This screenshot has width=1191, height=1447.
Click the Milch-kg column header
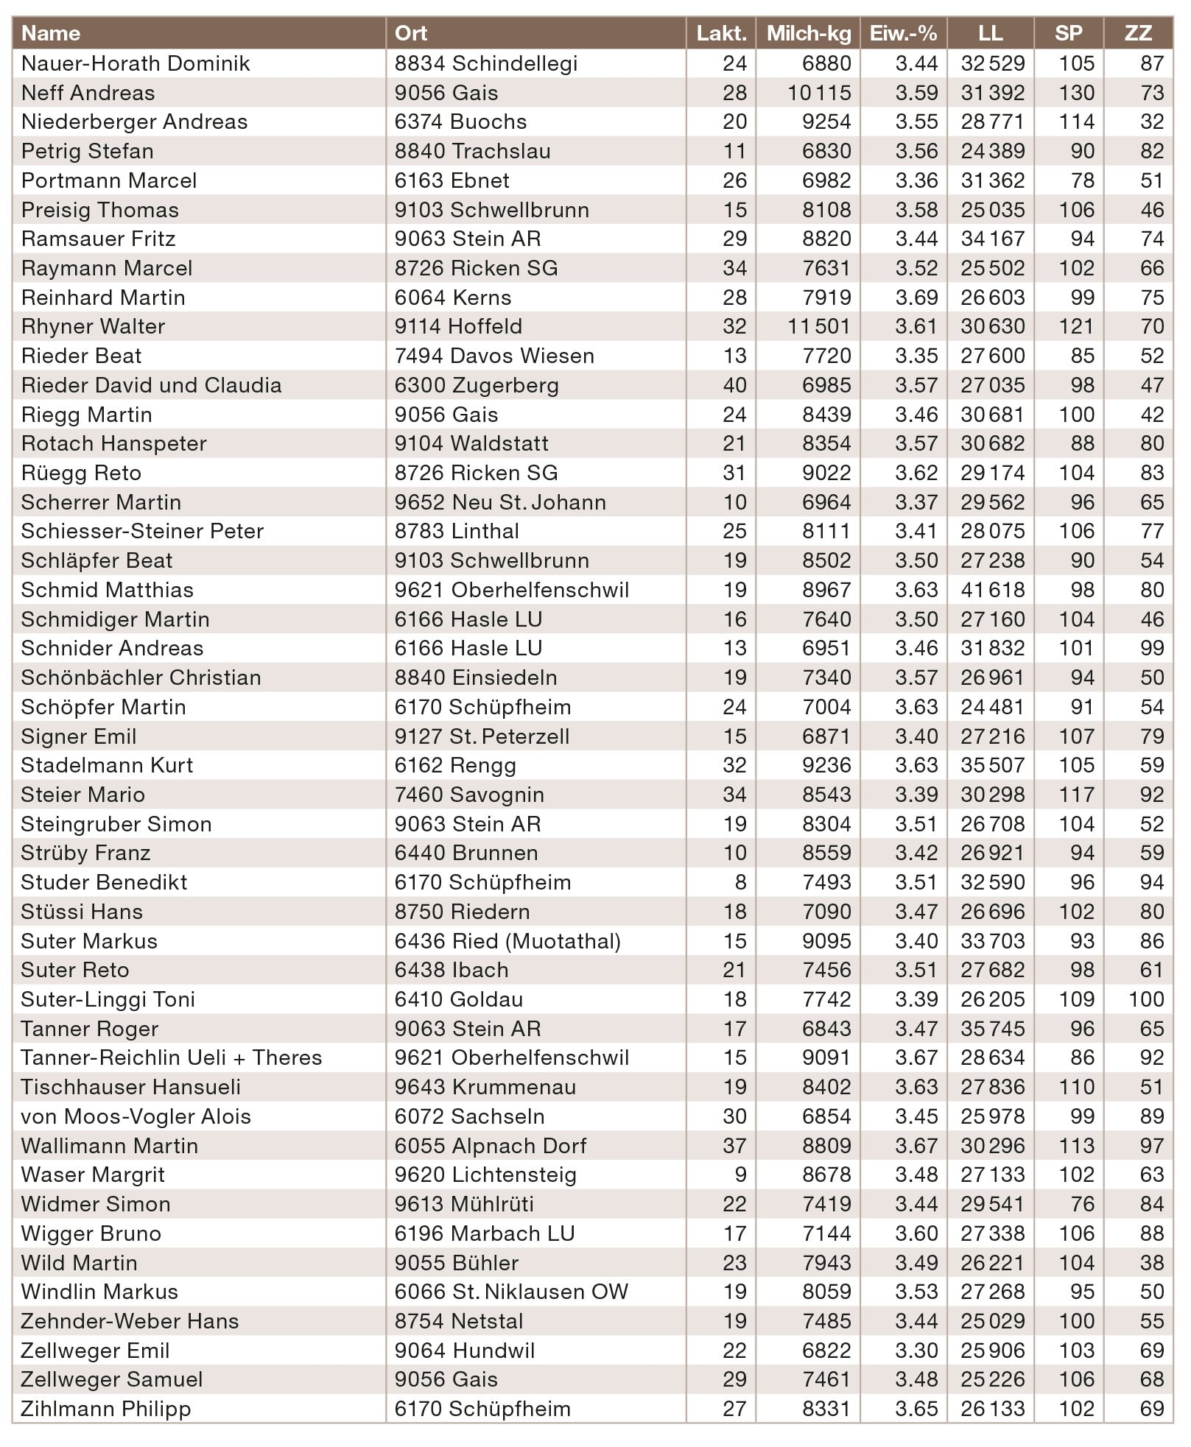pyautogui.click(x=808, y=33)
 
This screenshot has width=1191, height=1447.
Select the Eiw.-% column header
pyautogui.click(x=903, y=33)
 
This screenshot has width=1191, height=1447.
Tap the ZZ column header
pyautogui.click(x=1138, y=33)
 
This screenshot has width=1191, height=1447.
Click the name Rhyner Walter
pyautogui.click(x=93, y=326)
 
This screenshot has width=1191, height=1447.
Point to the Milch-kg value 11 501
pyautogui.click(x=818, y=326)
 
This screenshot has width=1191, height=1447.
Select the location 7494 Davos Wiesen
pyautogui.click(x=493, y=356)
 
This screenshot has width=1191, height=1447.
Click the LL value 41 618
pyautogui.click(x=992, y=590)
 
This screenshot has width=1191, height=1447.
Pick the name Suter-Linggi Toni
pyautogui.click(x=108, y=999)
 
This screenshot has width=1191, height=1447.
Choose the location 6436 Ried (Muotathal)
pyautogui.click(x=507, y=941)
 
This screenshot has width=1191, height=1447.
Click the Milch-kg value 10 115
pyautogui.click(x=818, y=93)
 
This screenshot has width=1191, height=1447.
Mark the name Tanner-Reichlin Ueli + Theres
pyautogui.click(x=171, y=1057)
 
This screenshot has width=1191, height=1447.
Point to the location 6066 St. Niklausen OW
pyautogui.click(x=511, y=1292)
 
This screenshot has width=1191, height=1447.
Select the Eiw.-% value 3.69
pyautogui.click(x=916, y=298)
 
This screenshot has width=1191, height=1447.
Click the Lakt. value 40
pyautogui.click(x=734, y=385)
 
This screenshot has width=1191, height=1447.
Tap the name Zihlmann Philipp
pyautogui.click(x=105, y=1409)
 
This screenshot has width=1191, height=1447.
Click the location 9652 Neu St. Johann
pyautogui.click(x=500, y=502)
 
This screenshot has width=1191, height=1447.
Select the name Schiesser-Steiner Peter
pyautogui.click(x=142, y=531)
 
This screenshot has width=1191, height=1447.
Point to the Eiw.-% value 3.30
pyautogui.click(x=916, y=1351)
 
